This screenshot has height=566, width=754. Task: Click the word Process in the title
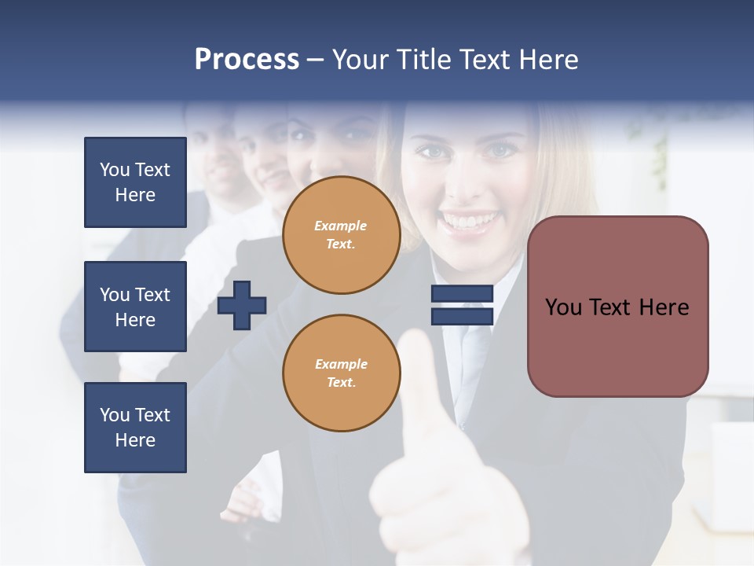(x=247, y=60)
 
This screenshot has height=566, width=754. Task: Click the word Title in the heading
(x=425, y=60)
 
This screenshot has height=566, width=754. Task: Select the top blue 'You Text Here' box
(x=135, y=182)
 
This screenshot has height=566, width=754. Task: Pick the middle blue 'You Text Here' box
(x=135, y=307)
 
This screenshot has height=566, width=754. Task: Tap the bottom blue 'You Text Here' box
(x=135, y=428)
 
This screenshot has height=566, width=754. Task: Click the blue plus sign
(x=242, y=305)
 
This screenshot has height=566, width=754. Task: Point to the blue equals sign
(x=462, y=305)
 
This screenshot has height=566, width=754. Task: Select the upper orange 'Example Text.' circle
(x=341, y=235)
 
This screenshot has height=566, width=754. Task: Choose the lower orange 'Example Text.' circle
(x=341, y=373)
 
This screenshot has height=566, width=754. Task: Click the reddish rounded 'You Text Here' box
(x=617, y=307)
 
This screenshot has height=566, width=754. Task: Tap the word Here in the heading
(x=549, y=60)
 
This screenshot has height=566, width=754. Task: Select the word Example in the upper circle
(x=341, y=226)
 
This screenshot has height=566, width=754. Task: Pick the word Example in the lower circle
(x=341, y=365)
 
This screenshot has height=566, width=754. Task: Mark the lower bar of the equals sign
(x=462, y=316)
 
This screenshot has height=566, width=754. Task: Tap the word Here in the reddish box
(x=664, y=307)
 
